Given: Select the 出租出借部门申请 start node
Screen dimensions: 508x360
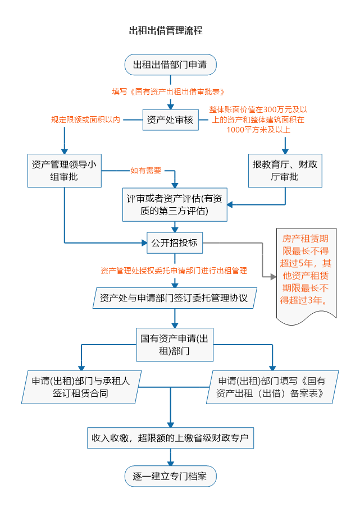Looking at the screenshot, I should coord(170,65).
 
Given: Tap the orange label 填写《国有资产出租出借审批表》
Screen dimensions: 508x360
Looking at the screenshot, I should coord(168,91).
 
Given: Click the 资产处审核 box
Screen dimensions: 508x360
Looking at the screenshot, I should coord(170,120).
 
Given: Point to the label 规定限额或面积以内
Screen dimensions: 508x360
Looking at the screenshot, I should coord(85,120).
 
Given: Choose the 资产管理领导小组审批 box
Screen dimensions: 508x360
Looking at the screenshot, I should coord(64,171).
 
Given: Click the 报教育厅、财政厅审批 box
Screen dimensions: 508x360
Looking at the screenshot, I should coord(285,171).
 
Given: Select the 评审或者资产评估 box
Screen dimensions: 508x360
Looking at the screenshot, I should coord(175,205).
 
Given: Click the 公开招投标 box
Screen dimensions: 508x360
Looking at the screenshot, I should coord(174,243).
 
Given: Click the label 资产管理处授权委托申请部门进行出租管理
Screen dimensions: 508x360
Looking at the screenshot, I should coord(174,270).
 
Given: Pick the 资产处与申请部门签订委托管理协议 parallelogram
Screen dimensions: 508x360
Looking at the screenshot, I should coord(174,298).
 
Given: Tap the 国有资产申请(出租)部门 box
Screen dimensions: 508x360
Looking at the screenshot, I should coord(175,345).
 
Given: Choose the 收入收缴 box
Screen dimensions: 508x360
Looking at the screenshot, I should coord(170,438).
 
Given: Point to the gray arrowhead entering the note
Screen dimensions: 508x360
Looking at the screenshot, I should coord(273,277).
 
